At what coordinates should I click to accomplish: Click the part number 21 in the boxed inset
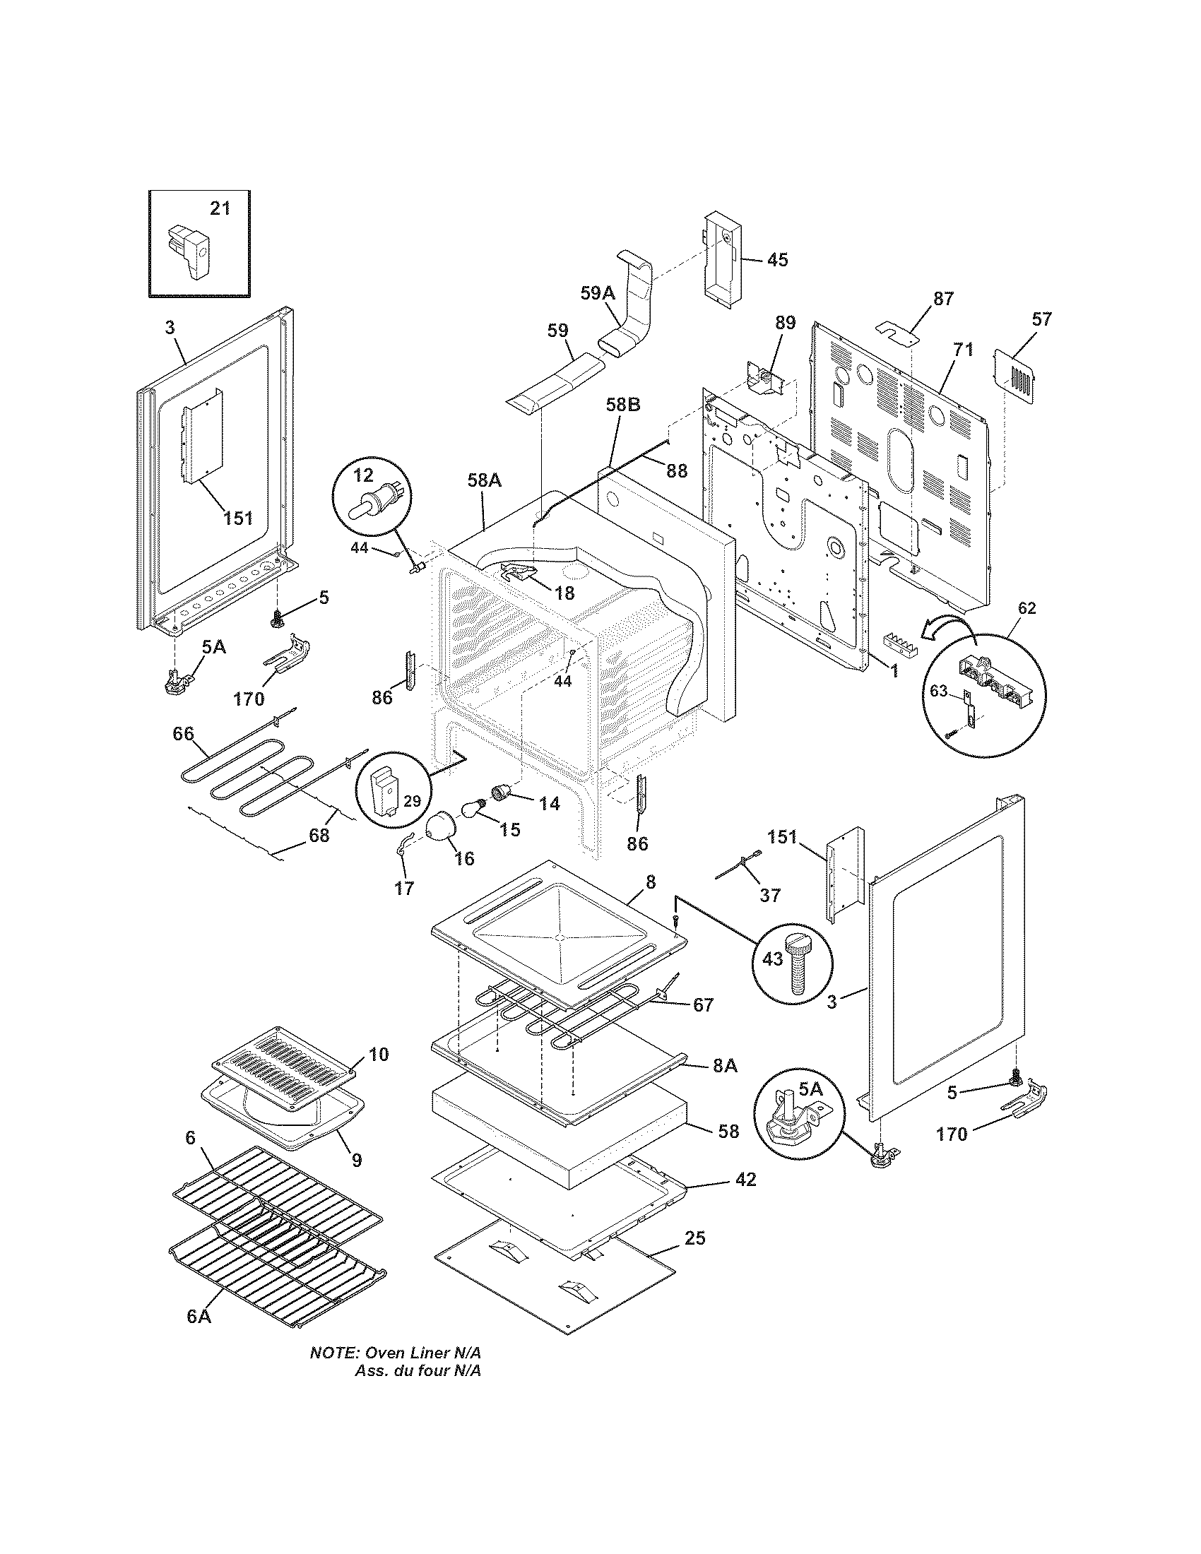220,208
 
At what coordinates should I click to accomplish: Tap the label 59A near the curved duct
596,293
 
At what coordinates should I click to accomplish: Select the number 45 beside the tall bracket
778,260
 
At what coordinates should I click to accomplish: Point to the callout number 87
942,299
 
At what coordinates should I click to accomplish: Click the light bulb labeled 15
472,809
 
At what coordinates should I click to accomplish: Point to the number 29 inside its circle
412,801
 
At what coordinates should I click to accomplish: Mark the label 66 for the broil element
184,733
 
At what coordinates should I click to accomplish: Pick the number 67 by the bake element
702,1004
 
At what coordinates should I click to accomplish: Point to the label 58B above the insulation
622,405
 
